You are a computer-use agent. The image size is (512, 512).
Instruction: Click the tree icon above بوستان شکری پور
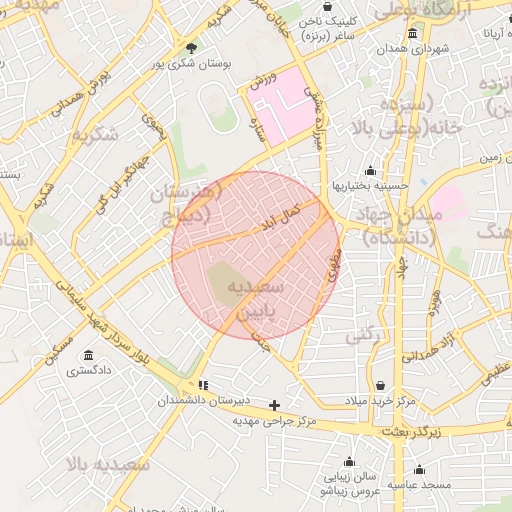point(191,46)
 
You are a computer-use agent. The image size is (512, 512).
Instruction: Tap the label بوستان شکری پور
point(192,63)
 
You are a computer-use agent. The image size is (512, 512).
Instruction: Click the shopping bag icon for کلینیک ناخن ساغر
point(328,7)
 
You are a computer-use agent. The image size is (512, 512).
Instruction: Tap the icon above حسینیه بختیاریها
point(371,170)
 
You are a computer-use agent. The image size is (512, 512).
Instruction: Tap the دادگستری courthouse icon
point(89,356)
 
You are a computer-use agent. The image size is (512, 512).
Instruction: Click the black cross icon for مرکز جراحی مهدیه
point(275,405)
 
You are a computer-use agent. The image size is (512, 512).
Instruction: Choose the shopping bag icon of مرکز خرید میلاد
point(380,385)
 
